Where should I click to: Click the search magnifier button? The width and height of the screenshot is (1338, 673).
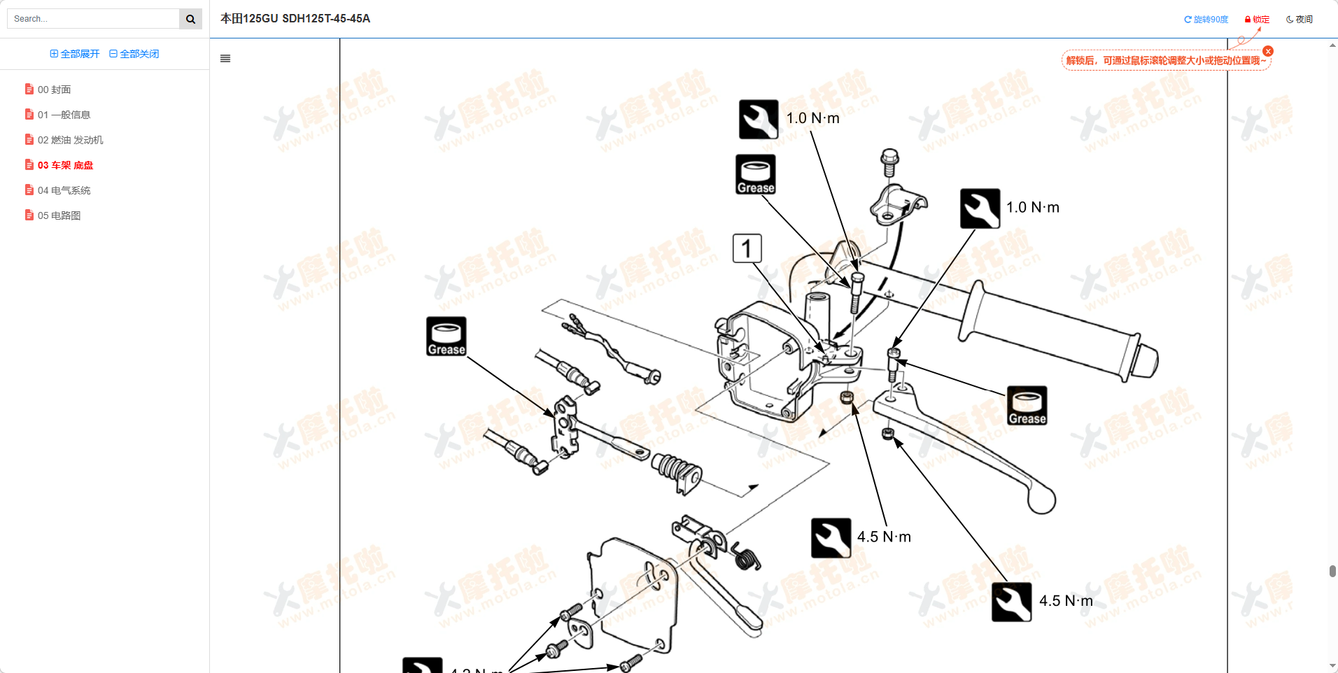190,19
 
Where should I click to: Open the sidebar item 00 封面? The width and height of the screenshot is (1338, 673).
54,90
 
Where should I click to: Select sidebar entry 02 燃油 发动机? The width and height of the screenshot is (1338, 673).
70,140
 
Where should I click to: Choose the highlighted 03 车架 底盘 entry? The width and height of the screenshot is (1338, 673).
65,165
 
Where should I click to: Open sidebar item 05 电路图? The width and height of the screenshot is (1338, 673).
59,215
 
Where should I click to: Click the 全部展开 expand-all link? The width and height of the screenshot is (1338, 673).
75,54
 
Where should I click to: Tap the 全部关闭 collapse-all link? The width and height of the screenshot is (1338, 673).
134,54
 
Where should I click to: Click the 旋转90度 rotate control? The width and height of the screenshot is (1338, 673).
1206,20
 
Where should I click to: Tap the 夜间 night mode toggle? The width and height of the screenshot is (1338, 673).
1300,20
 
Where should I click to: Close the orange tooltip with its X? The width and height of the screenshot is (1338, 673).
1268,51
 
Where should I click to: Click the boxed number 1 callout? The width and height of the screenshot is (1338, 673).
747,248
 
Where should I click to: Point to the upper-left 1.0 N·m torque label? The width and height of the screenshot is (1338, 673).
812,118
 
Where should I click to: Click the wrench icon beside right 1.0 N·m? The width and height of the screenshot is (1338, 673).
980,208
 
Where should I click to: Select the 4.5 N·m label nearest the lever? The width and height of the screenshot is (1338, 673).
884,537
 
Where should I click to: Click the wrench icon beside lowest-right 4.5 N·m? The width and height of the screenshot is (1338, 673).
1011,602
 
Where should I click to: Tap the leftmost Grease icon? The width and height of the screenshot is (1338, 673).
446,336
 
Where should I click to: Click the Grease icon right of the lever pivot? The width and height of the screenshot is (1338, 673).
1027,405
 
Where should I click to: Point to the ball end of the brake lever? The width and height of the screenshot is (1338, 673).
1041,500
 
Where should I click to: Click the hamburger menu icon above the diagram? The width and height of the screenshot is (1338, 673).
225,59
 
